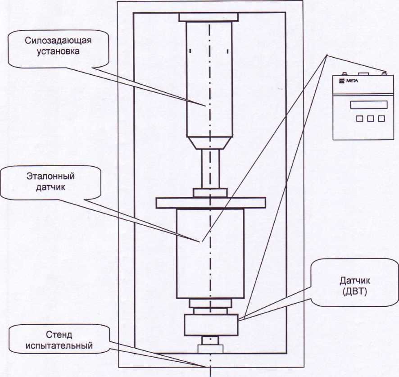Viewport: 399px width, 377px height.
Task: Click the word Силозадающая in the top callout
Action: click(x=60, y=41)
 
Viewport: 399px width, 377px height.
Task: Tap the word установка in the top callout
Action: click(x=60, y=51)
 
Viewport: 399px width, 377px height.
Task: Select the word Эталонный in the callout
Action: click(x=50, y=177)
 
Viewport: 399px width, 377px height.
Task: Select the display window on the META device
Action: click(x=368, y=104)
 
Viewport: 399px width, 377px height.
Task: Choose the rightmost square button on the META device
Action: click(x=381, y=118)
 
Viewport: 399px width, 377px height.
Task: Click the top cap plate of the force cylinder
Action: click(x=208, y=17)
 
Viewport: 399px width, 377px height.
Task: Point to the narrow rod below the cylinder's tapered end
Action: click(x=210, y=169)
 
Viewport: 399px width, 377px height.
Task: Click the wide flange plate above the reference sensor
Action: click(x=211, y=203)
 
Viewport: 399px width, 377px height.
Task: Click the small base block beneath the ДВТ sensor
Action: click(x=211, y=349)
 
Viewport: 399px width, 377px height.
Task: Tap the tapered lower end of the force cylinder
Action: click(x=211, y=143)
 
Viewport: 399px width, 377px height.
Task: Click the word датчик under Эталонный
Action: click(x=50, y=186)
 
